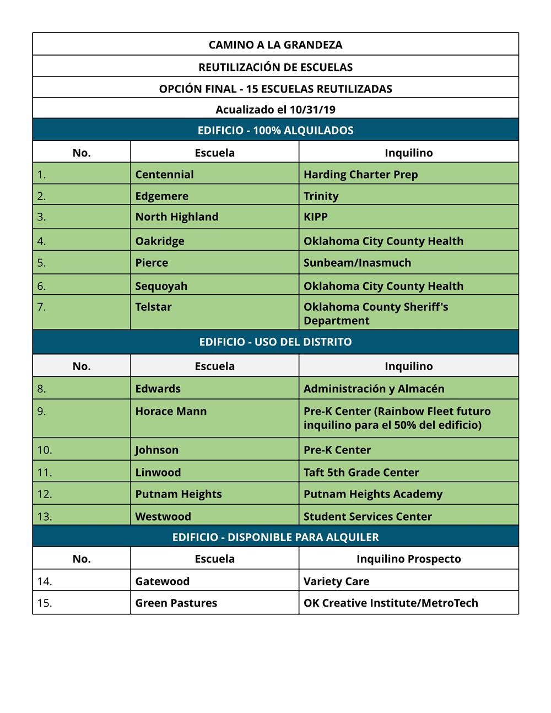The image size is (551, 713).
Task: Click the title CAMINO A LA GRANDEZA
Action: pos(275,45)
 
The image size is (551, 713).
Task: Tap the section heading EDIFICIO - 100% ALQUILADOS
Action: pos(275,131)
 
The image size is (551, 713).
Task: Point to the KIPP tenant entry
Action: pos(315,217)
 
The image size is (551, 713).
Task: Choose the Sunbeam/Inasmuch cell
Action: pos(357,262)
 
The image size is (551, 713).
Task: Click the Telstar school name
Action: pos(153,307)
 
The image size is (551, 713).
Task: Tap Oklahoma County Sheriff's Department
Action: pos(376,314)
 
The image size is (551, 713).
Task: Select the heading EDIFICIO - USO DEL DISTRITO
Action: pos(275,342)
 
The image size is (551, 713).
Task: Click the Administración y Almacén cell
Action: pos(374,388)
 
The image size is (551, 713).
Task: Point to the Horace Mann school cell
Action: pos(171,411)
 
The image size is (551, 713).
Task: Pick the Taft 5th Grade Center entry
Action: pos(361,472)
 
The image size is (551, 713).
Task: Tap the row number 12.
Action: pos(45,494)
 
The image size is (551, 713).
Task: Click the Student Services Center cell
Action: pos(368,516)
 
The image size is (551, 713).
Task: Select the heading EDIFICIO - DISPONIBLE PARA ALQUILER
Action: pos(275,537)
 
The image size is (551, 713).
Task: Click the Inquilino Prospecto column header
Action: pos(408,559)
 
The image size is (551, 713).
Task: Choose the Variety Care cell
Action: pos(336,581)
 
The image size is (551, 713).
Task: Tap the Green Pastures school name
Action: pos(176,603)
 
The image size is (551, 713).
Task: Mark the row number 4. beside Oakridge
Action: pos(41,241)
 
